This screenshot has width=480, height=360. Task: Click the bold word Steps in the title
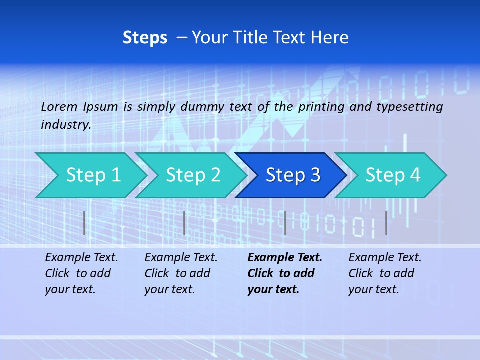(x=145, y=38)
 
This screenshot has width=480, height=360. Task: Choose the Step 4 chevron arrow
(x=392, y=175)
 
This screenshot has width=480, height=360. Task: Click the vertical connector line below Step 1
(x=84, y=223)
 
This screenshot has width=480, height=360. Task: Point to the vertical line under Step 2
(x=184, y=223)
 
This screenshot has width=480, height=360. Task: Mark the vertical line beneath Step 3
(x=285, y=223)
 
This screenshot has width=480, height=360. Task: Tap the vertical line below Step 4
(x=386, y=223)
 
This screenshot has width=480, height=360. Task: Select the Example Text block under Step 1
(x=81, y=273)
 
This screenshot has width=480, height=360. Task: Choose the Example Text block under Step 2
(x=180, y=273)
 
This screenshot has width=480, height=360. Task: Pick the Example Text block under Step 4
(x=384, y=273)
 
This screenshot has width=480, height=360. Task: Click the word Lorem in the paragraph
(x=59, y=107)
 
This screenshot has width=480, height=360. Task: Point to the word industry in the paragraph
(x=65, y=125)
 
